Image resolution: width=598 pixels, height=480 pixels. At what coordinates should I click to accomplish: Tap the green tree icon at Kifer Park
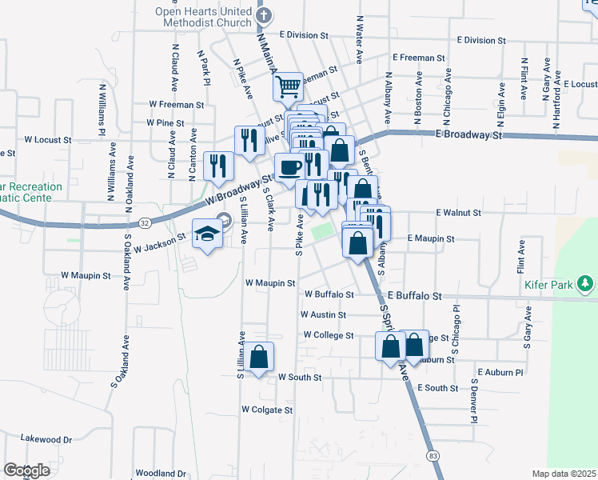[x=586, y=283]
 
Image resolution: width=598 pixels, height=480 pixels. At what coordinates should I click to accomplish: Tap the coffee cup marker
[x=289, y=167]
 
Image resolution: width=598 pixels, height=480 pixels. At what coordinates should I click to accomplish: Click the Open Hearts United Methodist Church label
[x=203, y=17]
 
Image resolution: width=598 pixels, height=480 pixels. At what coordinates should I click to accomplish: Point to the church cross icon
[x=266, y=15]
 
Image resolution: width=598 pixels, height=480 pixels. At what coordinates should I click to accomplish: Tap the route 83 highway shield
[x=433, y=455]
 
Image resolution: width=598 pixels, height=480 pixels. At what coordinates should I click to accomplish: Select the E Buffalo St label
[x=414, y=296]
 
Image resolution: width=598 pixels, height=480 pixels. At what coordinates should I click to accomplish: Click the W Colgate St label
[x=267, y=410]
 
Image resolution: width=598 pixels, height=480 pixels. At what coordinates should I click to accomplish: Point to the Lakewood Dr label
[x=46, y=439]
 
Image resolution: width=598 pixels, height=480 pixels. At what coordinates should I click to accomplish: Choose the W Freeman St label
[x=177, y=104]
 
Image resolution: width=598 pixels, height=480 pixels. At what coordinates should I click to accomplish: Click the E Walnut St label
[x=458, y=214]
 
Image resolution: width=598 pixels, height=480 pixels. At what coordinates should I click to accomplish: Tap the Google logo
[x=26, y=470]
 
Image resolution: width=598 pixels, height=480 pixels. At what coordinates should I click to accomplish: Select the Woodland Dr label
[x=161, y=474]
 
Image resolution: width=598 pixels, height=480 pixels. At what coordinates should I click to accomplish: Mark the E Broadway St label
[x=468, y=136]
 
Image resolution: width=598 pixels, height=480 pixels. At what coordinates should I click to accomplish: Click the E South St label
[x=437, y=388]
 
